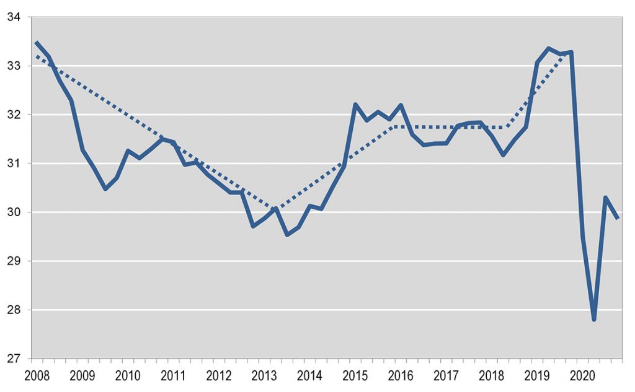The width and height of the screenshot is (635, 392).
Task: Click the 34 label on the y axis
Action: pyautogui.click(x=12, y=17)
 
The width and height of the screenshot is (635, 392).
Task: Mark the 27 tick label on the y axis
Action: pyautogui.click(x=12, y=359)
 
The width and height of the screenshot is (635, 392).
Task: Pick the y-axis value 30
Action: pyautogui.click(x=12, y=212)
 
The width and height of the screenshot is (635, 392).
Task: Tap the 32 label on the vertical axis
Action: pyautogui.click(x=12, y=115)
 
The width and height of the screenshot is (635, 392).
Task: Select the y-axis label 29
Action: pyautogui.click(x=12, y=261)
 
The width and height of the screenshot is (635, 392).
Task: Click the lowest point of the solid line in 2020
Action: pyautogui.click(x=594, y=320)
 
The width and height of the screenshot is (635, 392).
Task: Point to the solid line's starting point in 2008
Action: pyautogui.click(x=37, y=43)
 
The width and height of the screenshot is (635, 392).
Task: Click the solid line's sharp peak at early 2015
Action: pyautogui.click(x=355, y=104)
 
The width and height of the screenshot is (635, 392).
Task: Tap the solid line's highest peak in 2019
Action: pyautogui.click(x=548, y=48)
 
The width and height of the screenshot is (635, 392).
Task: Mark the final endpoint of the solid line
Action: pyautogui.click(x=618, y=218)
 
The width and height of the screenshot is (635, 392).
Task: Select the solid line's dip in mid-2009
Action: pyautogui.click(x=105, y=189)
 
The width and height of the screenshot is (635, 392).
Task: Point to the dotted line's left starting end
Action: pyautogui.click(x=37, y=56)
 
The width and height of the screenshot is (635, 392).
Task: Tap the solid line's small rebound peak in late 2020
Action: pyautogui.click(x=605, y=198)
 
